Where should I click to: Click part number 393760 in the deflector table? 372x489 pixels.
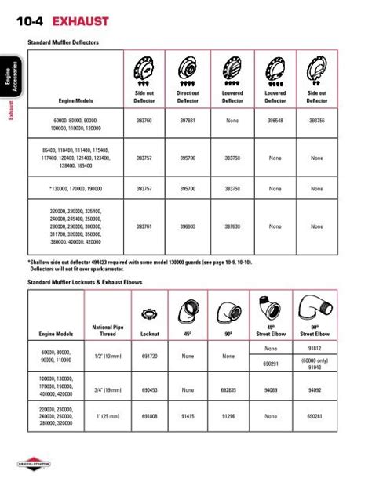point(144,121)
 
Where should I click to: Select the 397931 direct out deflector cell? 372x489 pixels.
point(188,121)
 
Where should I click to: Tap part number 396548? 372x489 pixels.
point(275,121)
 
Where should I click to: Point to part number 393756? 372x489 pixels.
point(317,121)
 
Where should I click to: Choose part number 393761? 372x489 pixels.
point(144,226)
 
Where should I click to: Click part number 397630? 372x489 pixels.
point(232,226)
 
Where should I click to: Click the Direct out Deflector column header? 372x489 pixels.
point(188,97)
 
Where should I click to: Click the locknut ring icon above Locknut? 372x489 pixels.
point(144,315)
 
